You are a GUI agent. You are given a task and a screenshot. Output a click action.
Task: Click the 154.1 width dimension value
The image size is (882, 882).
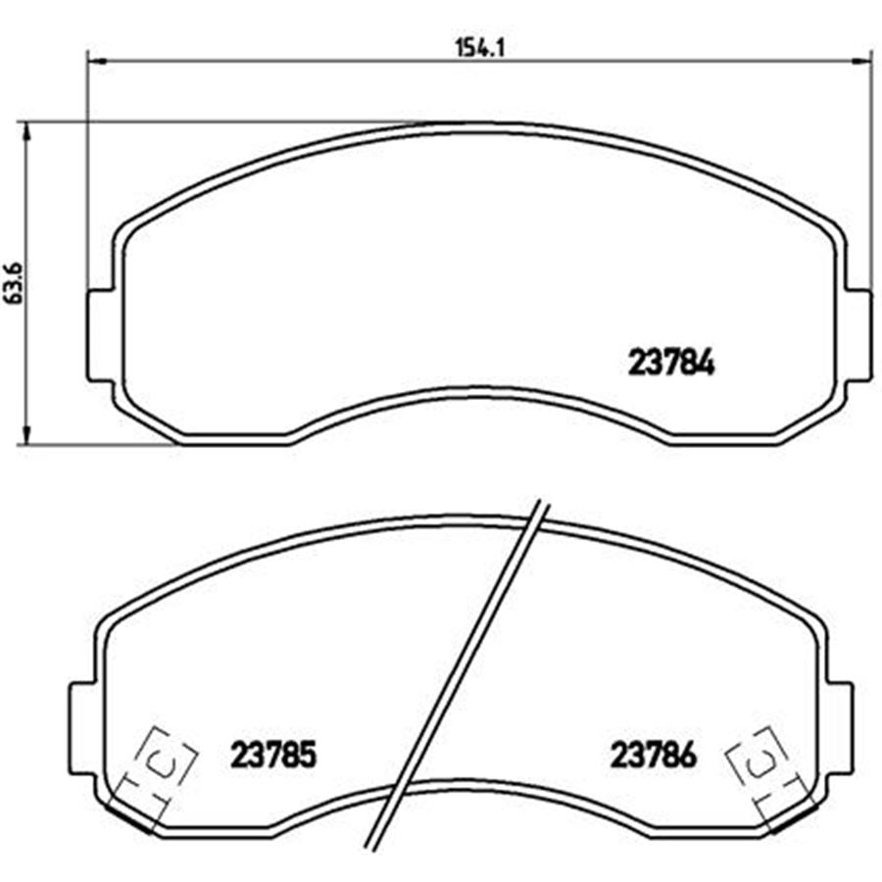479,48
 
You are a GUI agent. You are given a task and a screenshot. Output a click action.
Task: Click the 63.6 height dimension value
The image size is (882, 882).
14,283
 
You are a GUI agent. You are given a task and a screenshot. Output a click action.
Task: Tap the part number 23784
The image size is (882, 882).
671,363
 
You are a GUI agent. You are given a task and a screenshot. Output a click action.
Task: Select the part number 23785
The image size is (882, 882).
273,755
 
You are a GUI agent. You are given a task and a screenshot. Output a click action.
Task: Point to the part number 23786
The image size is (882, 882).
654,755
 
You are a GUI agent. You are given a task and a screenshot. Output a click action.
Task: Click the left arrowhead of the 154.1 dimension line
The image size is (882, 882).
97,60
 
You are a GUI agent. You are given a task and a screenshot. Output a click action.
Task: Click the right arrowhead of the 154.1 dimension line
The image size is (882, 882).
860,60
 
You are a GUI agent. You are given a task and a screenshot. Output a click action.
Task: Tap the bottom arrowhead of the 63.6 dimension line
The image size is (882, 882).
25,434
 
